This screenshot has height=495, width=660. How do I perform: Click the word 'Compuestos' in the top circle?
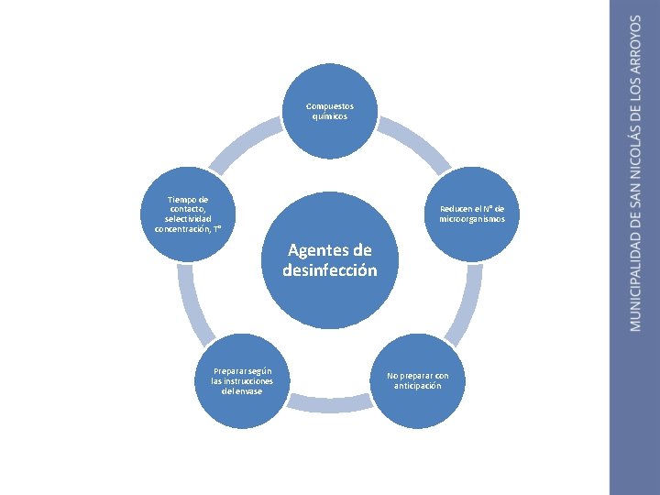pyautogui.click(x=330, y=106)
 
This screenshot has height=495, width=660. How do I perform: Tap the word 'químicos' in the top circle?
pyautogui.click(x=330, y=116)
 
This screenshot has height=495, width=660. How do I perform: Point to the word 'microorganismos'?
pyautogui.click(x=472, y=219)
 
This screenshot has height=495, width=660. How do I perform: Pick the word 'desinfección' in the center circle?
pyautogui.click(x=330, y=270)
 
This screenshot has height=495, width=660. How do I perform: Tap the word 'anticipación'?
pyautogui.click(x=418, y=386)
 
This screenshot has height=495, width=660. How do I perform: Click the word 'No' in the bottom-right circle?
pyautogui.click(x=392, y=376)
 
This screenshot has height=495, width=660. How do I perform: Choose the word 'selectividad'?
pyautogui.click(x=188, y=219)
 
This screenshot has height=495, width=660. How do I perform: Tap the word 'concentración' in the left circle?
pyautogui.click(x=181, y=229)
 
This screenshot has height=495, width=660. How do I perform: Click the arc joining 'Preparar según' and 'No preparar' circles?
pyautogui.click(x=330, y=403)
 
